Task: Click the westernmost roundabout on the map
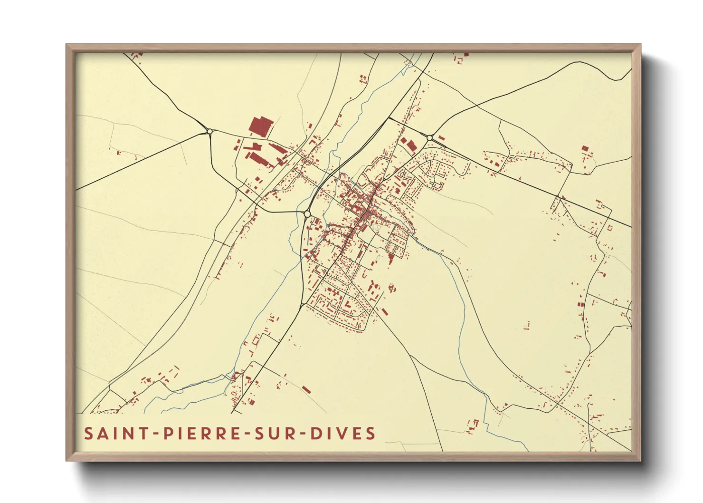pyautogui.click(x=209, y=131)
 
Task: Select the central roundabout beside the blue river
pyautogui.click(x=307, y=214)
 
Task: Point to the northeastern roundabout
pyautogui.click(x=429, y=138)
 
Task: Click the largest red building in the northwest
pyautogui.click(x=260, y=126)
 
